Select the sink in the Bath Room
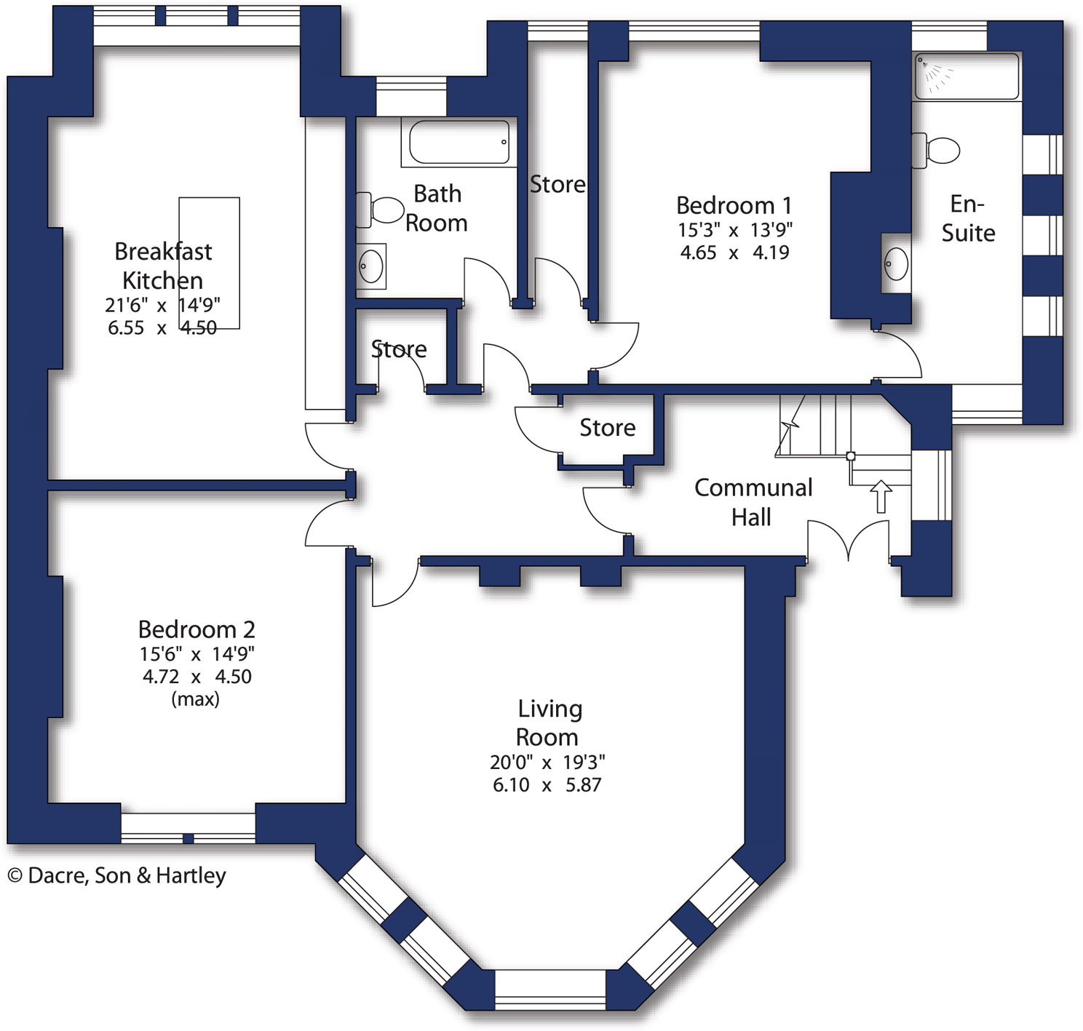(x=371, y=266)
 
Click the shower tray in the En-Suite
(x=967, y=76)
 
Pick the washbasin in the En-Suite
(x=896, y=263)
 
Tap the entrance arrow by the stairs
(x=881, y=496)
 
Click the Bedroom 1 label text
(x=734, y=205)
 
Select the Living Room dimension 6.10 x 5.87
(x=547, y=785)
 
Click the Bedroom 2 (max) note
(x=195, y=699)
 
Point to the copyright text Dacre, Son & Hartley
(x=117, y=875)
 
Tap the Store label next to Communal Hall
(x=607, y=428)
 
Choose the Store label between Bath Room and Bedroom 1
(x=558, y=185)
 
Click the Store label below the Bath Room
(x=399, y=349)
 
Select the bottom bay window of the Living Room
(x=550, y=990)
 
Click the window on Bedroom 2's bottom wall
(x=188, y=828)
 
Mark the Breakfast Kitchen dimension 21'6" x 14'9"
(x=162, y=305)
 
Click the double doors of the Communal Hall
(x=849, y=542)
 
